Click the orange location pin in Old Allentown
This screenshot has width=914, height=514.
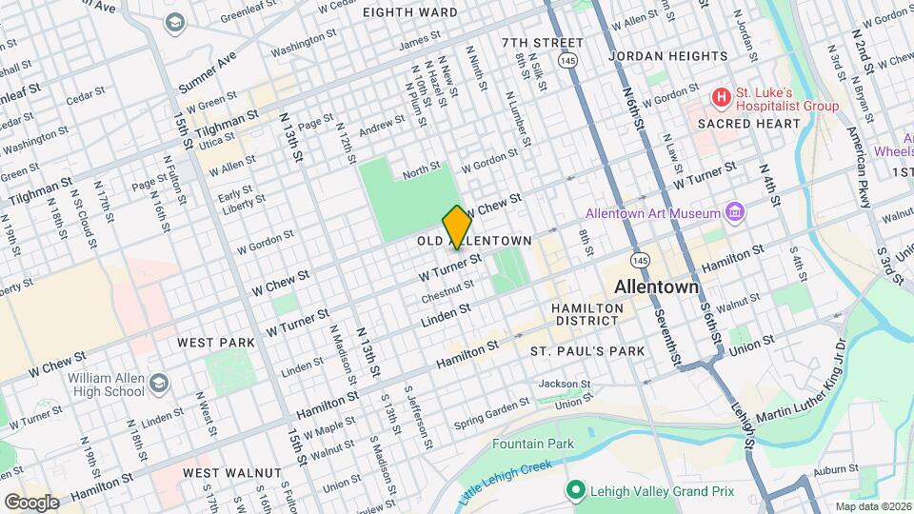[457, 227]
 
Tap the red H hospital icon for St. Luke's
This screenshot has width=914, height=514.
[722, 97]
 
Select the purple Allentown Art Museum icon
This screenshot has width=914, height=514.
[734, 211]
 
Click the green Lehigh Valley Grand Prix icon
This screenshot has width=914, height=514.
[574, 490]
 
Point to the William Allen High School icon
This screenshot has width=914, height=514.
[158, 381]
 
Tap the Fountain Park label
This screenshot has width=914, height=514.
[533, 444]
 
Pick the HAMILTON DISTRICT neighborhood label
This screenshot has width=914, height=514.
[588, 317]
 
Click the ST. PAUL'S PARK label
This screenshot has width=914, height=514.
[587, 351]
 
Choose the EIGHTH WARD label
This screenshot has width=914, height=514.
[410, 12]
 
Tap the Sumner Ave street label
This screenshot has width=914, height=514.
[207, 72]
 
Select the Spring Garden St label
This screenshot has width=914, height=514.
[488, 414]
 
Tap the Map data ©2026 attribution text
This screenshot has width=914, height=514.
[872, 505]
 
